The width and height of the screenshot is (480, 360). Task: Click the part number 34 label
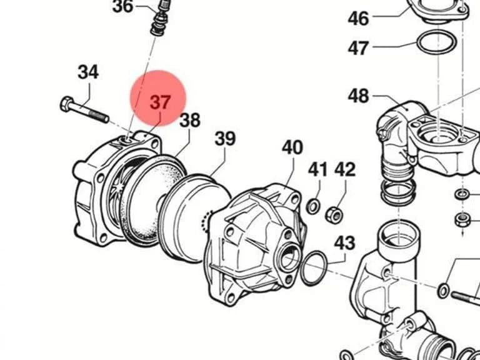point(88,72)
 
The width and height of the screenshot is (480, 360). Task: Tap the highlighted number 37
point(160,102)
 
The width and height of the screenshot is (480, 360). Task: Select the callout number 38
point(190,120)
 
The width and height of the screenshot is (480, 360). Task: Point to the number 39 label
point(225,139)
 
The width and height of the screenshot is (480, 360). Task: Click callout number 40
point(292,147)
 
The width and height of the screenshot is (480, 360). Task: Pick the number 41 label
point(317,169)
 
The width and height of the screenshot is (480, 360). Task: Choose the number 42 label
point(345,169)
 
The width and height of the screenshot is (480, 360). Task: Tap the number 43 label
point(345,243)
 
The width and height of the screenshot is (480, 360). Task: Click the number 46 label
point(359,18)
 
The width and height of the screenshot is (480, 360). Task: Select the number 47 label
point(358,48)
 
